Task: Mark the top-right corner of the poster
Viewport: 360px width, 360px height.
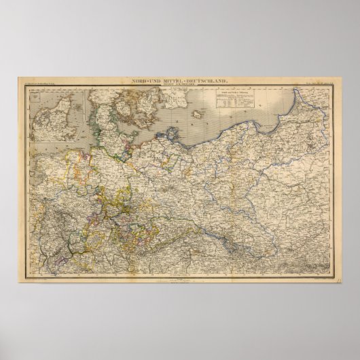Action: point(342,77)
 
